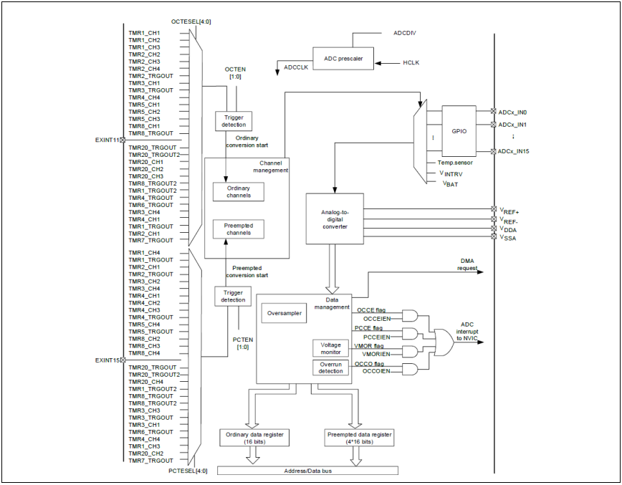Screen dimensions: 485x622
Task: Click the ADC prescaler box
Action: click(x=343, y=58)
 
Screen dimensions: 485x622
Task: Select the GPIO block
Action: click(x=459, y=133)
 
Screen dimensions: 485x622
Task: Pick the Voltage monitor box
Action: click(x=330, y=347)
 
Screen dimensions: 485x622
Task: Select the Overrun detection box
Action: click(x=330, y=368)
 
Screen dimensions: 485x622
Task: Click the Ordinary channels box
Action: click(x=238, y=192)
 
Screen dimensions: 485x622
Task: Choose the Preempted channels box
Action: click(x=238, y=229)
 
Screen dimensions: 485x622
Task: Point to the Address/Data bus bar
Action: click(x=307, y=471)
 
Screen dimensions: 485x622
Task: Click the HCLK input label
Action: click(x=411, y=63)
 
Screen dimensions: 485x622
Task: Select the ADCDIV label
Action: click(x=406, y=34)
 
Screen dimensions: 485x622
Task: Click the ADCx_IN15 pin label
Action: click(x=514, y=151)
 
